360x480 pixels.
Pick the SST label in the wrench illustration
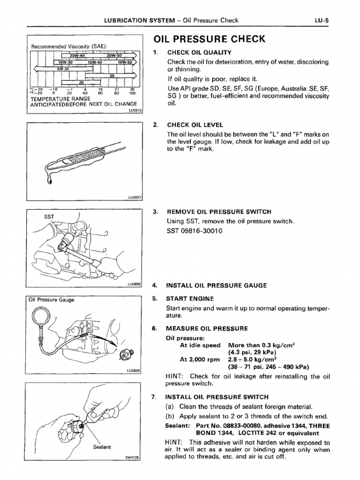pyautogui.click(x=49, y=217)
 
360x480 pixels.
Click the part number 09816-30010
pyautogui.click(x=202, y=232)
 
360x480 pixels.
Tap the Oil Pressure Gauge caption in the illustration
pyautogui.click(x=52, y=300)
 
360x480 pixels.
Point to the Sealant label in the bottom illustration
pyautogui.click(x=102, y=447)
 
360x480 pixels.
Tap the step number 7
pyautogui.click(x=155, y=397)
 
